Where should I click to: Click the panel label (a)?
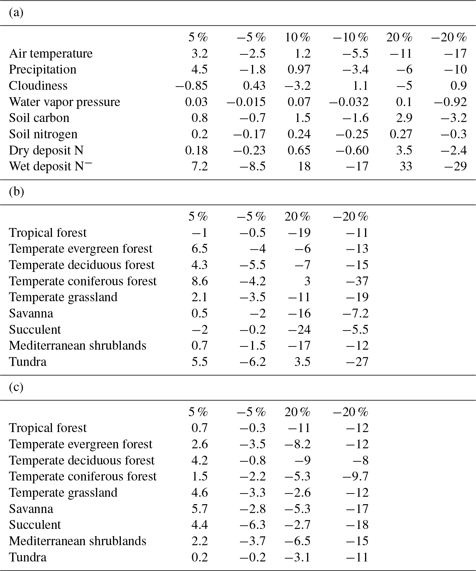pyautogui.click(x=16, y=13)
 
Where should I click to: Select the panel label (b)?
pyautogui.click(x=16, y=192)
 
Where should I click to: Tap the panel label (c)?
pyautogui.click(x=16, y=388)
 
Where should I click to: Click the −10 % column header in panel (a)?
pyautogui.click(x=350, y=37)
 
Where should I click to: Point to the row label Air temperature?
pyautogui.click(x=51, y=53)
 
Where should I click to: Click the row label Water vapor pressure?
pyautogui.click(x=64, y=102)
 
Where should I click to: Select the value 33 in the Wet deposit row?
pyautogui.click(x=406, y=166)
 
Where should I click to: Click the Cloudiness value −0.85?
pyautogui.click(x=192, y=86)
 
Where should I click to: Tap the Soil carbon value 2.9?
pyautogui.click(x=404, y=118)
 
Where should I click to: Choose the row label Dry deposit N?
pyautogui.click(x=46, y=150)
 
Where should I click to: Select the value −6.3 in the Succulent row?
pyautogui.click(x=252, y=525)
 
